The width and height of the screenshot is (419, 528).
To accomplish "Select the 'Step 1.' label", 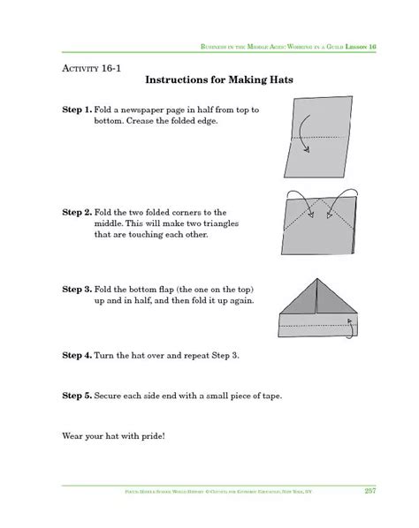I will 76,109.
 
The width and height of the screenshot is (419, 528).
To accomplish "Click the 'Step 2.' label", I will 76,212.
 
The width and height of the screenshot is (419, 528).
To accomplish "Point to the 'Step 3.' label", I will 76,289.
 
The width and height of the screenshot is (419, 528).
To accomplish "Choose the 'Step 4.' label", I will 76,355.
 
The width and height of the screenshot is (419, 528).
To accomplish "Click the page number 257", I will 370,491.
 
